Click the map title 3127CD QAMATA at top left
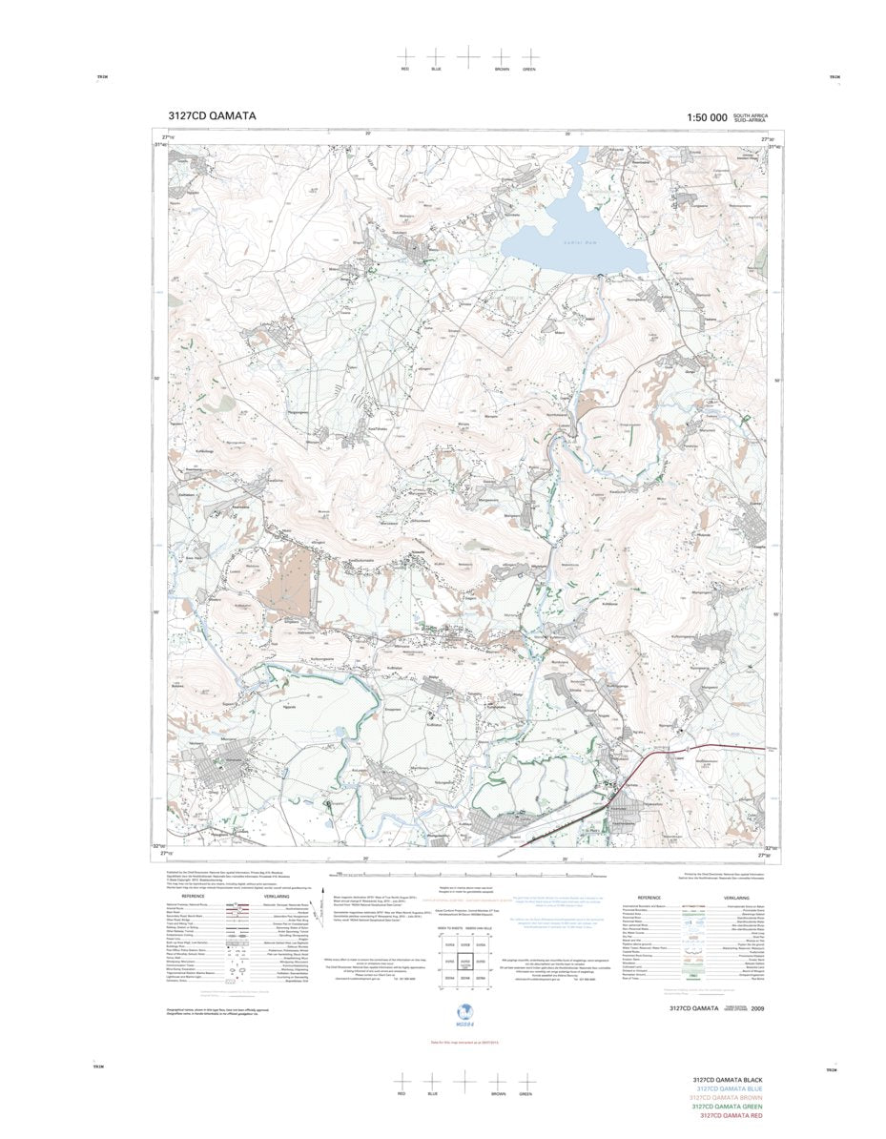(211, 116)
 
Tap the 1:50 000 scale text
(706, 117)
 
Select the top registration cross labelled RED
(404, 56)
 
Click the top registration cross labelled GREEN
(529, 56)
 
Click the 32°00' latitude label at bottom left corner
(159, 846)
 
